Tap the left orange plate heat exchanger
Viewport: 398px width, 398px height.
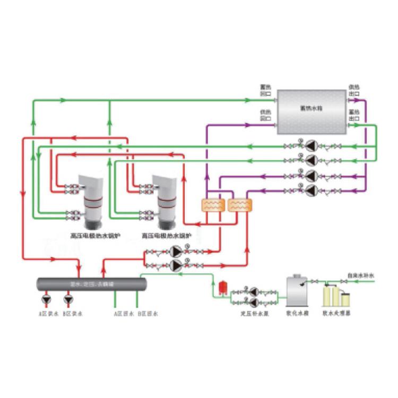213,205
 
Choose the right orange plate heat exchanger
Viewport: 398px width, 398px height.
239,205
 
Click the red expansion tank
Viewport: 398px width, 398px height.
223,287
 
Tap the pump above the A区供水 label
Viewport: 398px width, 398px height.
48,300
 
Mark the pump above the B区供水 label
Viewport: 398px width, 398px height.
68,300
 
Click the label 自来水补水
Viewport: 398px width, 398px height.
360,275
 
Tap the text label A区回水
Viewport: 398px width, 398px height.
124,314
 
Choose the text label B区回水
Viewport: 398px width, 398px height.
147,314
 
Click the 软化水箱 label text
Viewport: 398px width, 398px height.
297,314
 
